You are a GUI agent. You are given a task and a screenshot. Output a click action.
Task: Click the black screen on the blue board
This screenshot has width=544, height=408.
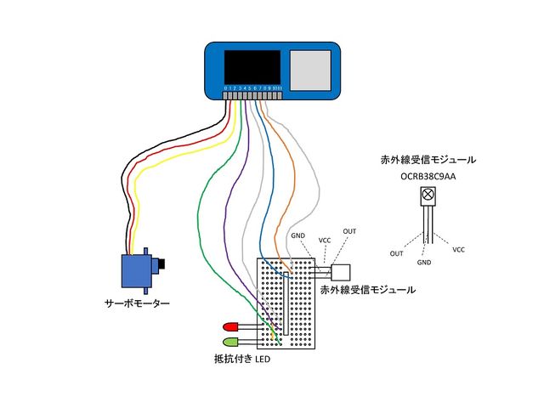pyautogui.click(x=252, y=67)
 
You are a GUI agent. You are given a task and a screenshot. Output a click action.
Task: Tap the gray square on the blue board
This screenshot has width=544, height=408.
pyautogui.click(x=310, y=69)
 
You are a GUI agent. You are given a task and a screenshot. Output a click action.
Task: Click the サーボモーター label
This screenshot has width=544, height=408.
pyautogui.click(x=137, y=303)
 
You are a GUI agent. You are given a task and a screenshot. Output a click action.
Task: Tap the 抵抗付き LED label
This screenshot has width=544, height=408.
pyautogui.click(x=241, y=360)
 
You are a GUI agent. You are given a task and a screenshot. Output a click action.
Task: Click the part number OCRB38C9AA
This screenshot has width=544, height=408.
pyautogui.click(x=428, y=177)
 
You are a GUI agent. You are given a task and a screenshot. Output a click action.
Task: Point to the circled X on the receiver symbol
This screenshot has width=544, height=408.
pyautogui.click(x=428, y=196)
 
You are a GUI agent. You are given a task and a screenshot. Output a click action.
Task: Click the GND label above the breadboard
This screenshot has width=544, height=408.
pyautogui.click(x=298, y=235)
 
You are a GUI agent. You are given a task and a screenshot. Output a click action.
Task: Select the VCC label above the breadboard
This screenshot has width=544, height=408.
pyautogui.click(x=325, y=241)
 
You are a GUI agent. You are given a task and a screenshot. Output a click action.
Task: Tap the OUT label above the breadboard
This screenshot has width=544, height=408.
pyautogui.click(x=349, y=231)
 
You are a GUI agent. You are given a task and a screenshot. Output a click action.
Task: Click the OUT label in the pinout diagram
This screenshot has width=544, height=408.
pyautogui.click(x=397, y=253)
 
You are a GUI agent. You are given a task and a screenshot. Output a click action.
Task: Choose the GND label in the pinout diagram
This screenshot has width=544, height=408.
pyautogui.click(x=424, y=263)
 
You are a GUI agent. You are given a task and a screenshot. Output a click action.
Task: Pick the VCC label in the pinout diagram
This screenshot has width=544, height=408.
pyautogui.click(x=459, y=250)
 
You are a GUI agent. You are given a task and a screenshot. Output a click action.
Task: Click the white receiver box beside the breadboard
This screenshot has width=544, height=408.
pyautogui.click(x=342, y=273)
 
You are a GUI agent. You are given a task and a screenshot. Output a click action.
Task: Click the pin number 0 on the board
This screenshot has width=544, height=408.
pyautogui.click(x=225, y=88)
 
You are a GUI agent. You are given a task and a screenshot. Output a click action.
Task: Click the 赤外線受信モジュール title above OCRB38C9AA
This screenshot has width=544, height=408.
pyautogui.click(x=428, y=159)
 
